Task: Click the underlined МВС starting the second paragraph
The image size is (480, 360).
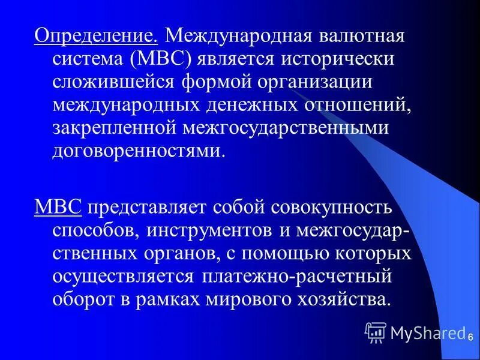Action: pyautogui.click(x=58, y=208)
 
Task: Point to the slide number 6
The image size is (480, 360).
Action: pyautogui.click(x=472, y=338)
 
